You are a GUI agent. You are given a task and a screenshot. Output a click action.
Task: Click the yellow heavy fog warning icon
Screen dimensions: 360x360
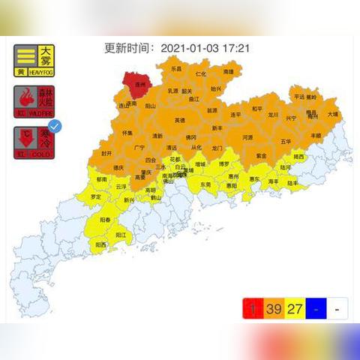[34, 61]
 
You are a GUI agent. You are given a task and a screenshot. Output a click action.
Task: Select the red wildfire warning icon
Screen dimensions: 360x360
[34, 100]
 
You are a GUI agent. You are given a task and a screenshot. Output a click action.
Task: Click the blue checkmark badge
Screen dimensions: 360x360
[54, 127]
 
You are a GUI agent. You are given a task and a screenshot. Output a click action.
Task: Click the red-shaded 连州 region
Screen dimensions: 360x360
[140, 83]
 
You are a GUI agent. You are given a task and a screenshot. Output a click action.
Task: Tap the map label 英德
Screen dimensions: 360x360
[180, 120]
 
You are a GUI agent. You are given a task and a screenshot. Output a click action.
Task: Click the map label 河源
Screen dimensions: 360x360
[247, 137]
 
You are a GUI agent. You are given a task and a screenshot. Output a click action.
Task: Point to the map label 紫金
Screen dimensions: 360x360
[260, 155]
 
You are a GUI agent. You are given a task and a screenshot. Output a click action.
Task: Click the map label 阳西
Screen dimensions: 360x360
[100, 244]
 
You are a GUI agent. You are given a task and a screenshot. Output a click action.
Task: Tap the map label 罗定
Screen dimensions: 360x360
[96, 196]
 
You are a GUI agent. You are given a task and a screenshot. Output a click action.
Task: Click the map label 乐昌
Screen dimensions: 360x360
[176, 68]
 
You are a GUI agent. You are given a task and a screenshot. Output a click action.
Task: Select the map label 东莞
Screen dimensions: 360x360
[205, 184]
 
